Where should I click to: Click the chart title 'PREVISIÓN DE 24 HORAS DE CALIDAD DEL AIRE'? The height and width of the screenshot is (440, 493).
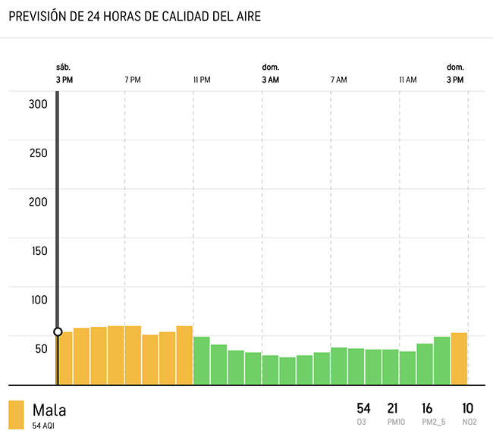pyautogui.click(x=134, y=17)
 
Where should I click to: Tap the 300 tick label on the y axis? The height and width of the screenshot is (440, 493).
pyautogui.click(x=38, y=104)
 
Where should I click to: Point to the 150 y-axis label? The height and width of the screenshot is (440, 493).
pyautogui.click(x=38, y=251)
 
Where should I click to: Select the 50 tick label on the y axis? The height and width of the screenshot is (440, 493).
pyautogui.click(x=39, y=349)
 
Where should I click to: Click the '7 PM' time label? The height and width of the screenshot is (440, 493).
pyautogui.click(x=133, y=80)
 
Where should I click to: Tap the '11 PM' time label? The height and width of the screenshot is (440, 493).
pyautogui.click(x=201, y=80)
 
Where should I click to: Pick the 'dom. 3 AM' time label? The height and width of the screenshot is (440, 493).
pyautogui.click(x=271, y=74)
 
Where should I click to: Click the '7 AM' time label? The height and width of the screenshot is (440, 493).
pyautogui.click(x=338, y=80)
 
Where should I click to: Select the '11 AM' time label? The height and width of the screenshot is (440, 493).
pyautogui.click(x=407, y=80)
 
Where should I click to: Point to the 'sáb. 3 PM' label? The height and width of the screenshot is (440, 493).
pyautogui.click(x=64, y=74)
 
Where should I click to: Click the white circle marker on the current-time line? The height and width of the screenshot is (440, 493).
pyautogui.click(x=58, y=332)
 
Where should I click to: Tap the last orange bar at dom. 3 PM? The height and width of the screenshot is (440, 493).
pyautogui.click(x=459, y=358)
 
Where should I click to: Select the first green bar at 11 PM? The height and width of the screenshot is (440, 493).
pyautogui.click(x=202, y=360)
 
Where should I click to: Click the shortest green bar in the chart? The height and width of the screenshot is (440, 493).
pyautogui.click(x=287, y=371)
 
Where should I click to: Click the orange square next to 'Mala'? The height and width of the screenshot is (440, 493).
pyautogui.click(x=16, y=415)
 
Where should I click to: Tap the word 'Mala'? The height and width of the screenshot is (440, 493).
pyautogui.click(x=49, y=410)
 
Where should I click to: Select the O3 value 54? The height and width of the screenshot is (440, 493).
pyautogui.click(x=363, y=409)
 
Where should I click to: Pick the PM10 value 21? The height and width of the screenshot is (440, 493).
pyautogui.click(x=392, y=409)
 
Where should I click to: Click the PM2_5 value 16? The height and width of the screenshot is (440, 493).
pyautogui.click(x=427, y=409)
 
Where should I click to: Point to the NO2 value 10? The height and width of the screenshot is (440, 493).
pyautogui.click(x=468, y=409)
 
